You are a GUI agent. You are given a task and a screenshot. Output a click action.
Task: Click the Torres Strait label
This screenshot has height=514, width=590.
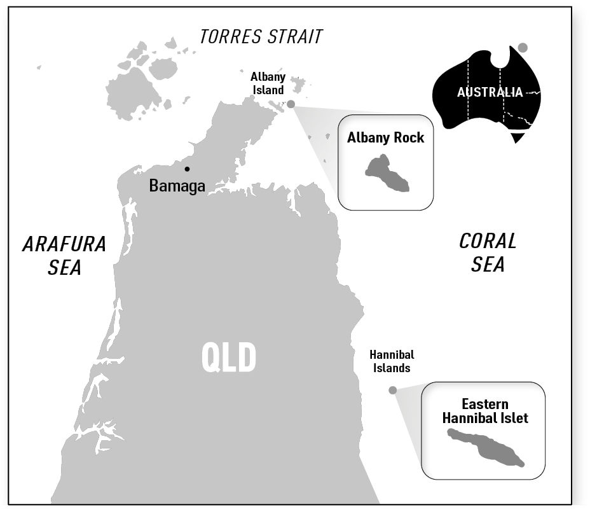point(261,36)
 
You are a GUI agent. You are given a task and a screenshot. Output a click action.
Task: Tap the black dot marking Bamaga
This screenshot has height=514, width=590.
point(187,169)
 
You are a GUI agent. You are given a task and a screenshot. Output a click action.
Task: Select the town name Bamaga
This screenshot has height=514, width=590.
point(177,186)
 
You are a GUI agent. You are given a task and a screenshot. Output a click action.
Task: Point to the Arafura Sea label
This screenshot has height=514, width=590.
point(64,255)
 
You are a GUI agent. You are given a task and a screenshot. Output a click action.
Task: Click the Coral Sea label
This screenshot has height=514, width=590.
point(488,253)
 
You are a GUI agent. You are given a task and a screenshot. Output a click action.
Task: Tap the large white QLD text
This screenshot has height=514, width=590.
point(229,358)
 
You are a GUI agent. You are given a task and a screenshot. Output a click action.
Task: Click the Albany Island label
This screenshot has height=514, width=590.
point(268,83)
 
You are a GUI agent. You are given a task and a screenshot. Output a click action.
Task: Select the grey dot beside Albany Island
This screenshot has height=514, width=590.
point(291,104)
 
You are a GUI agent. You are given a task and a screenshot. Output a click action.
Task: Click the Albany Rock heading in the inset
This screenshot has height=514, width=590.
point(385,138)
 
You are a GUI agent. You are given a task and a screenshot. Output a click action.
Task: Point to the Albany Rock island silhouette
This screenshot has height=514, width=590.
point(387,174)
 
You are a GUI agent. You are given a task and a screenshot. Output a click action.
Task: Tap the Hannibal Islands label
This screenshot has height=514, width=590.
point(392,361)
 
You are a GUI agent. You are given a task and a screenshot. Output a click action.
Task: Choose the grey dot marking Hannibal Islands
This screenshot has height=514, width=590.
point(393,390)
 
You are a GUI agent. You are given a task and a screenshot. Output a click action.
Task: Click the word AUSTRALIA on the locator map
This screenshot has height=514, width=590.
point(490,92)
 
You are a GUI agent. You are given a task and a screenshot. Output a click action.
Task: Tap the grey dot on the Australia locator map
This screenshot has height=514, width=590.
point(523,48)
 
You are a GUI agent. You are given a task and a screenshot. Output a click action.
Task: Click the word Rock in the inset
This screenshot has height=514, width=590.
point(408,138)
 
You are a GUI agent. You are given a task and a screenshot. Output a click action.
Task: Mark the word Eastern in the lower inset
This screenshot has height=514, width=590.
point(485,405)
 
